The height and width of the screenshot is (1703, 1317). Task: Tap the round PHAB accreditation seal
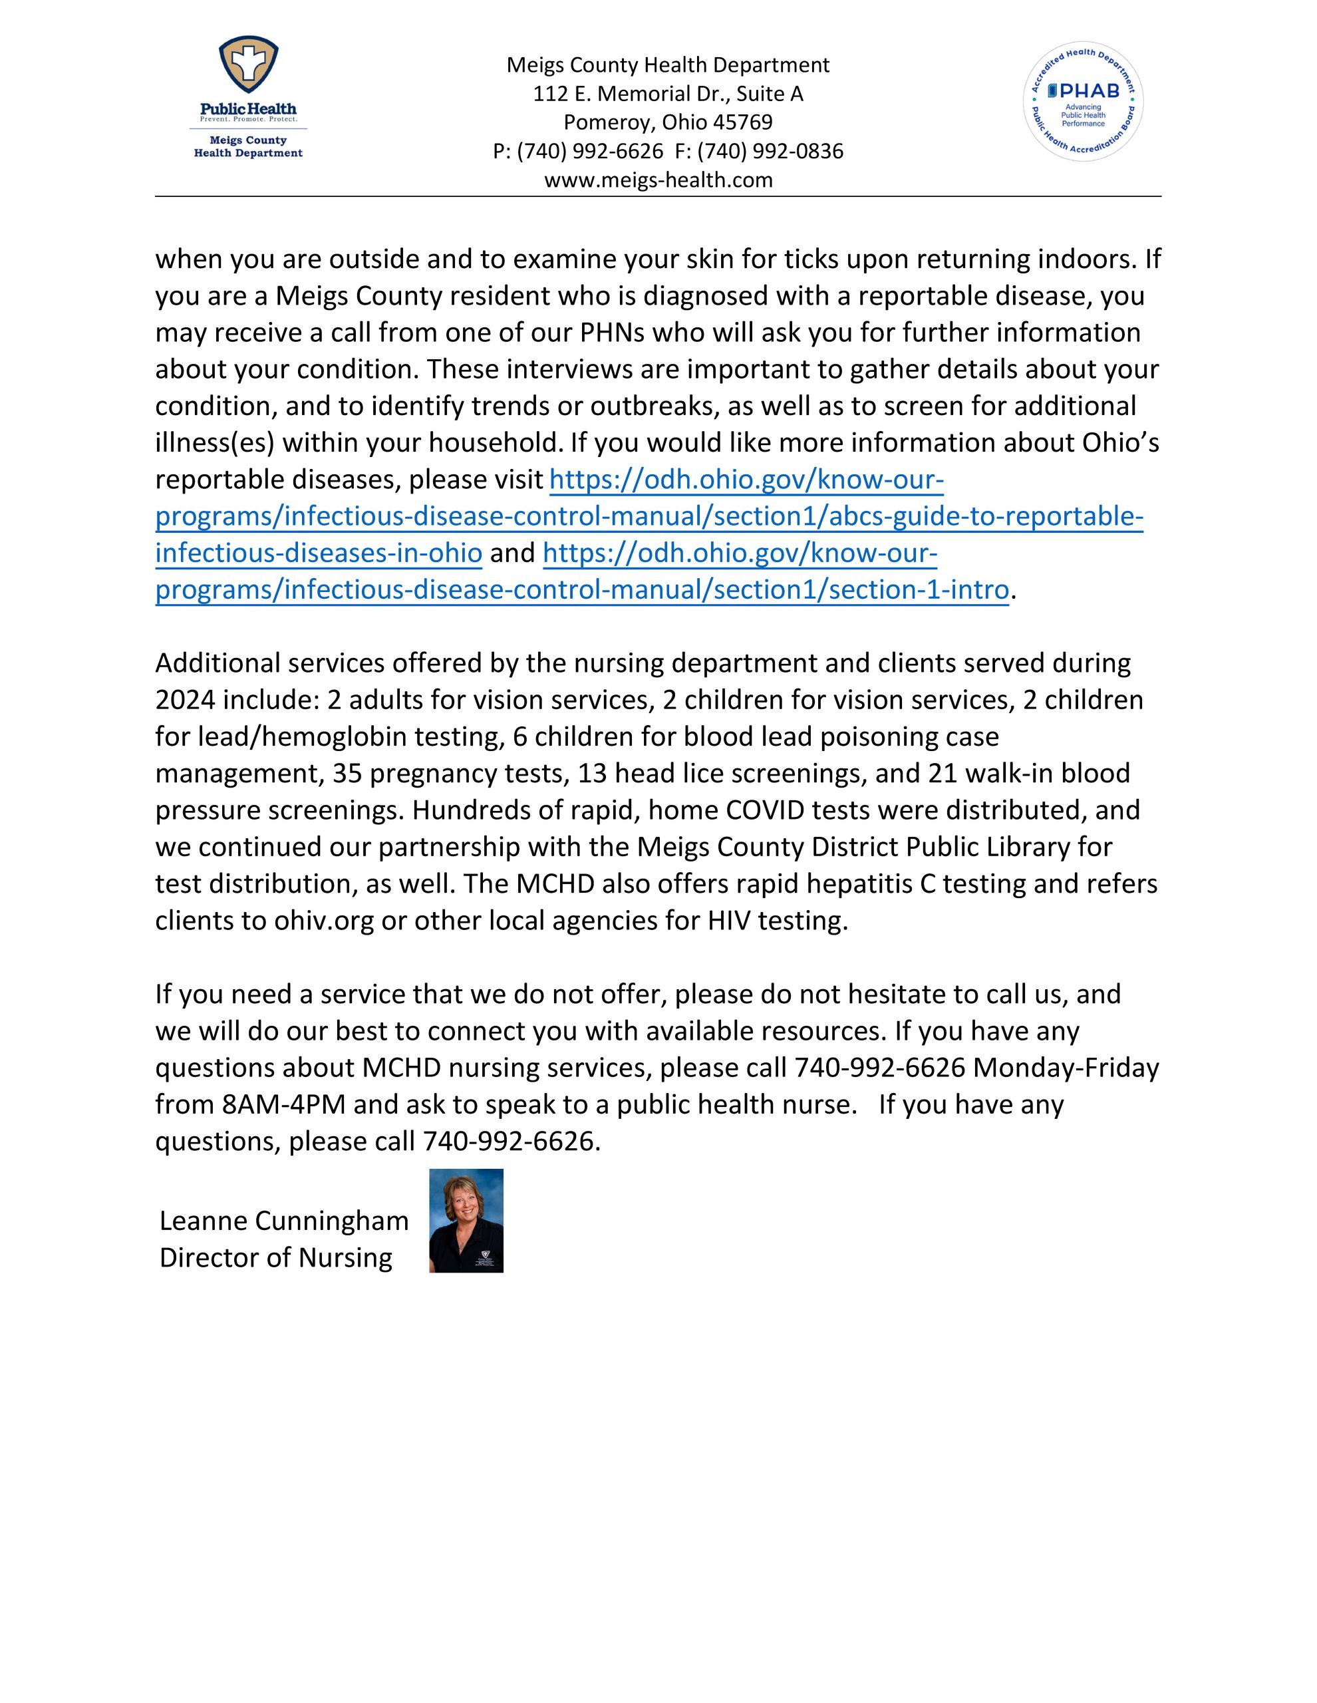point(1082,101)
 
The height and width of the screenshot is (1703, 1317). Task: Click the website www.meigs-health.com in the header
point(658,180)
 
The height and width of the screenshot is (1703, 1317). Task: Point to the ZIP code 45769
point(742,122)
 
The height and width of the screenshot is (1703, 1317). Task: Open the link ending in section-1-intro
point(582,589)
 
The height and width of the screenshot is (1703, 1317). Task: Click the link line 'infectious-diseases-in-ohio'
point(318,553)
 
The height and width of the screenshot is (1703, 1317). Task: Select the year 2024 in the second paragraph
point(186,700)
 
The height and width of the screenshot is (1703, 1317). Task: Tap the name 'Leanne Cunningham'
point(284,1221)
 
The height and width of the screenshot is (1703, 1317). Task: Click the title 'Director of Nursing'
point(275,1258)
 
